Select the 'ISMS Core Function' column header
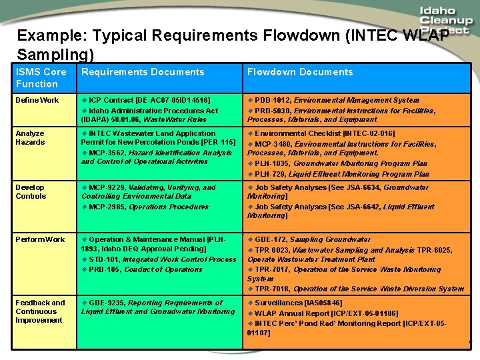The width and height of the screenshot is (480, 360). pos(41,77)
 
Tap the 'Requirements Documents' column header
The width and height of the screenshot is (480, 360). pos(143,72)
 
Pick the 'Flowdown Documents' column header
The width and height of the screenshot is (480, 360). pos(300,72)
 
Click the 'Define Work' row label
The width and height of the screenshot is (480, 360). pos(37,100)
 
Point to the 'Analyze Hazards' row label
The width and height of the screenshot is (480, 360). pos(30,137)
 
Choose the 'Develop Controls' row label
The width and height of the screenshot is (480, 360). pos(31,191)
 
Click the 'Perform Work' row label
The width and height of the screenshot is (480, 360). pos(40,239)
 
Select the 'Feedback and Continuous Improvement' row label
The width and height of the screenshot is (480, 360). pos(40,311)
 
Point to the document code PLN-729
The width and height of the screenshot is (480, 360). pos(271,174)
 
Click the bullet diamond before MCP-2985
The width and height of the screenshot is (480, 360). pos(84,207)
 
